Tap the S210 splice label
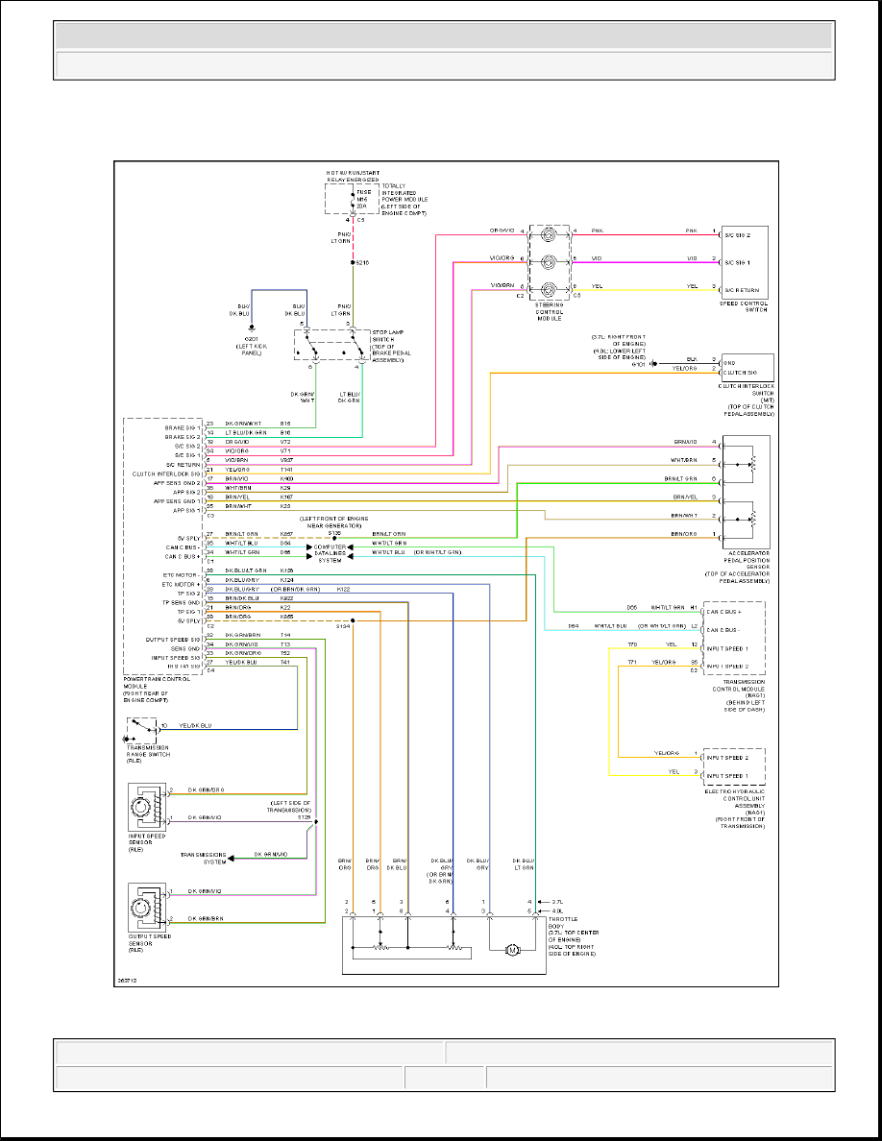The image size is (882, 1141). [x=363, y=262]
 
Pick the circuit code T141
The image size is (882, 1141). [x=285, y=469]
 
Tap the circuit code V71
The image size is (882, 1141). [x=285, y=449]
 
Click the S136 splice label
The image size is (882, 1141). [x=334, y=531]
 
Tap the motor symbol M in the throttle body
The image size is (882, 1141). [x=513, y=950]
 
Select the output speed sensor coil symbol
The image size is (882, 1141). [x=147, y=908]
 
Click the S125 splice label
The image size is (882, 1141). [x=305, y=816]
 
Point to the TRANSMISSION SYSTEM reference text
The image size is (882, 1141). [x=204, y=858]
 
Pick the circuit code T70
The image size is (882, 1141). [x=632, y=643]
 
